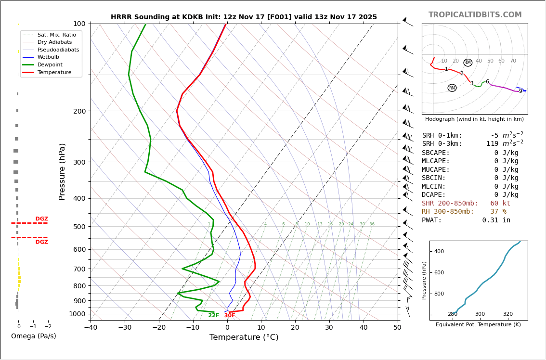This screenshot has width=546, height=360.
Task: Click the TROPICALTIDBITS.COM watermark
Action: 475,15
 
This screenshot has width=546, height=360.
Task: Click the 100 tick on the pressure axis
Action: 79,24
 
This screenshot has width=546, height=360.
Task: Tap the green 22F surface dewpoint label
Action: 213,316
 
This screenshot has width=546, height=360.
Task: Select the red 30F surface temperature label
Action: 230,316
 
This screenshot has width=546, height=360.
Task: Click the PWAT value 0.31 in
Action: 496,220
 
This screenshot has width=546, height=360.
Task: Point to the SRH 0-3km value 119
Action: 492,144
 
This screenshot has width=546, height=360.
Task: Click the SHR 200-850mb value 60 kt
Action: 500,204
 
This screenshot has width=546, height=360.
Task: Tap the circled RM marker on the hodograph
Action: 452,88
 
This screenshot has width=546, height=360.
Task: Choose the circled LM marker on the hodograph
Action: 468,63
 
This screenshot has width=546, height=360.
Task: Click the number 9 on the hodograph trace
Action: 520,91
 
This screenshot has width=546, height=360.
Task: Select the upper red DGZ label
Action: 41,219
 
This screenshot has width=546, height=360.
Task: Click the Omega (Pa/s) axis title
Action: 33,336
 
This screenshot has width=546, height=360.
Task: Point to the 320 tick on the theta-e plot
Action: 507,314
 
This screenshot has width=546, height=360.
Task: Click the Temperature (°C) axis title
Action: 244,337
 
